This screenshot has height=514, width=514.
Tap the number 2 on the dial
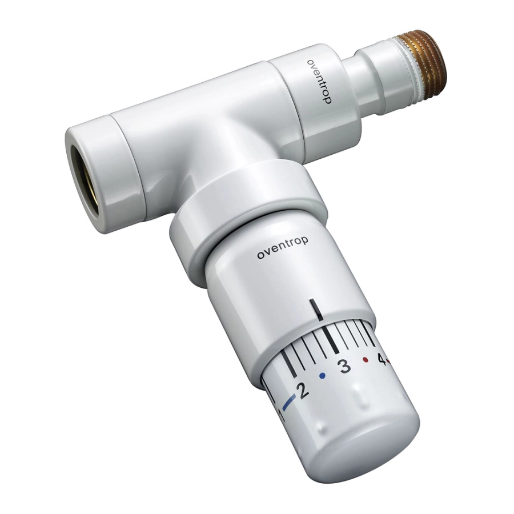tap(303, 390)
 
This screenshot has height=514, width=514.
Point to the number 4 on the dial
tap(382, 359)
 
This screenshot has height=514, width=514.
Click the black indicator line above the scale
tap(316, 309)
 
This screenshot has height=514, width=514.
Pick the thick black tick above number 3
tap(330, 340)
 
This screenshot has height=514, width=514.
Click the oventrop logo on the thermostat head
tap(283, 248)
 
